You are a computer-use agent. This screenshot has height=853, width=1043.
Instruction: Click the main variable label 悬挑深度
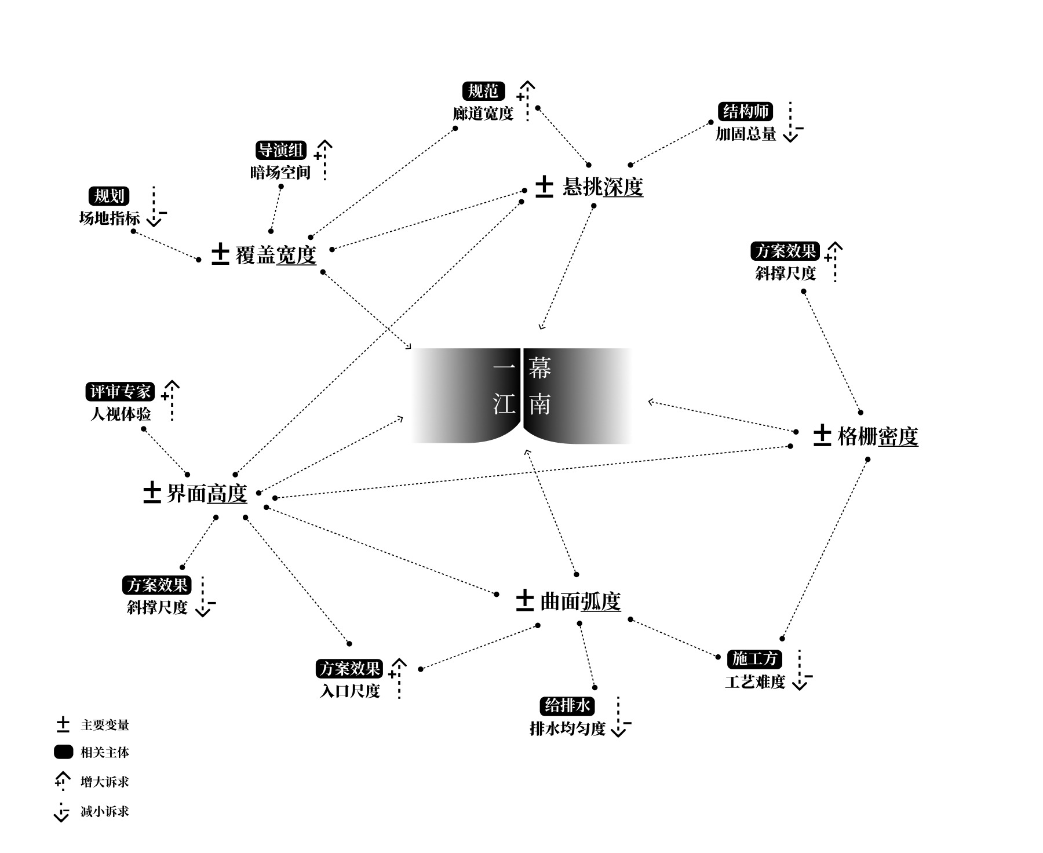(x=603, y=187)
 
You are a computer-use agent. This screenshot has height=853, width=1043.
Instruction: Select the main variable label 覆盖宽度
(x=275, y=255)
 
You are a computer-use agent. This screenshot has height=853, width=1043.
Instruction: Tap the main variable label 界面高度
(x=207, y=493)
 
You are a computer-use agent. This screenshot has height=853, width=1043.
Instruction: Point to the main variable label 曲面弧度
(x=580, y=602)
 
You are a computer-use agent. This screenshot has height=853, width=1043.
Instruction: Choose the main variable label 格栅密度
(x=878, y=436)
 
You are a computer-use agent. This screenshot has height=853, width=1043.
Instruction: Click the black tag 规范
(x=483, y=91)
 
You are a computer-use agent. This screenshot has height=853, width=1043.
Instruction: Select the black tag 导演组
(x=281, y=151)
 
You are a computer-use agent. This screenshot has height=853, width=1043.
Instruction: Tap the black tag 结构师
(x=745, y=111)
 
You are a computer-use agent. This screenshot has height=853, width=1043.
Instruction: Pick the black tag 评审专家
(x=121, y=392)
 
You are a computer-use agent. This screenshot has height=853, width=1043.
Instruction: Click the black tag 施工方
(x=754, y=659)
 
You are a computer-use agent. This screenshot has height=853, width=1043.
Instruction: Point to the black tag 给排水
(x=567, y=706)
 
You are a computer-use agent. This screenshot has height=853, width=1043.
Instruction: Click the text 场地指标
(x=110, y=218)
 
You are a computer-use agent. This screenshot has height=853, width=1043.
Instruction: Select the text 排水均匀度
(x=567, y=728)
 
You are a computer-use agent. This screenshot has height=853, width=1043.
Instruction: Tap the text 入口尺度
(x=350, y=691)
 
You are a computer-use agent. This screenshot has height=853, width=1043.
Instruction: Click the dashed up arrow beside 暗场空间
(x=324, y=159)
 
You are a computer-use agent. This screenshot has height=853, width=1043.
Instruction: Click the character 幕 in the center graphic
(x=539, y=368)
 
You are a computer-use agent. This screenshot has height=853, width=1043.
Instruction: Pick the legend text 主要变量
(x=105, y=725)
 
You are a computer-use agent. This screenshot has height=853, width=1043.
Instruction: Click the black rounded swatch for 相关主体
(x=63, y=752)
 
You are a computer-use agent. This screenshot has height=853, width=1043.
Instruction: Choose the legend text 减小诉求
(x=105, y=811)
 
